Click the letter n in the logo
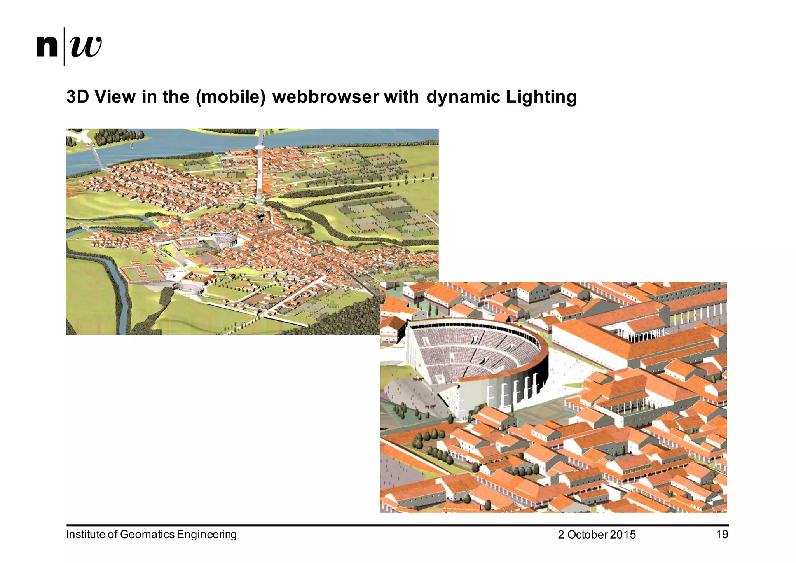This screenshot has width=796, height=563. (47, 47)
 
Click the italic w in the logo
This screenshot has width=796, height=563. (86, 47)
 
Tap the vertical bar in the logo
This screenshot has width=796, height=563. (64, 47)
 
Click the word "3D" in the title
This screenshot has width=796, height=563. (78, 97)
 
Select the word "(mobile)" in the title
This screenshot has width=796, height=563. (231, 97)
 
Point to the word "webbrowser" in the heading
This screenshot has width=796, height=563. (325, 97)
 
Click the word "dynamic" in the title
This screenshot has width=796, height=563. (463, 97)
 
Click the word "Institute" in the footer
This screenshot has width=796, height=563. (86, 534)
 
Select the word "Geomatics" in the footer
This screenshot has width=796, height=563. (147, 534)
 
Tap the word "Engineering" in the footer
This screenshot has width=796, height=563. (206, 534)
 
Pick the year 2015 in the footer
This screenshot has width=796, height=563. (623, 535)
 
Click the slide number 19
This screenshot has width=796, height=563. (722, 534)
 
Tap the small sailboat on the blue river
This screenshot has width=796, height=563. (131, 146)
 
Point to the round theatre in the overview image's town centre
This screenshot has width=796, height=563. (224, 239)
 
